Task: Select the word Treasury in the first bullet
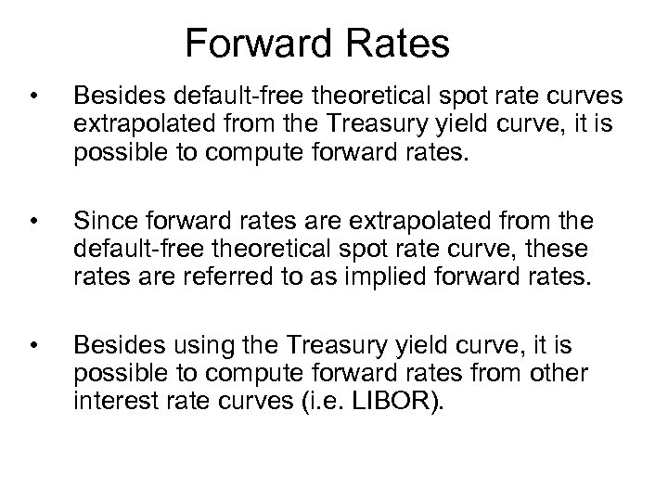377,123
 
